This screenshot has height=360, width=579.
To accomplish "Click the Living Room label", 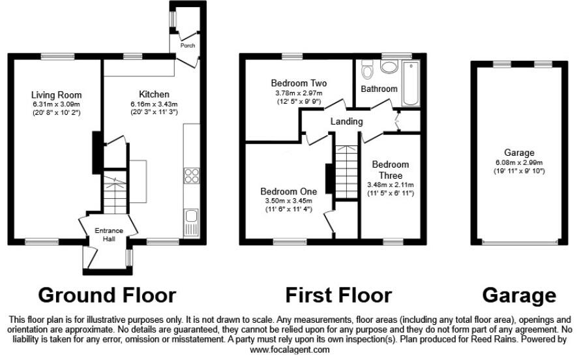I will pos(57,95).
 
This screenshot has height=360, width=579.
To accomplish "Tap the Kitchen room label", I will pos(154,95).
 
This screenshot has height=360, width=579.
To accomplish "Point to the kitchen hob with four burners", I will pos(192,175).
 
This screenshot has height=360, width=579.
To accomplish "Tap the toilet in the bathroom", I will pos(366,68).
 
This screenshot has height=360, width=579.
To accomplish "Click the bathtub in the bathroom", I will pos(411,83).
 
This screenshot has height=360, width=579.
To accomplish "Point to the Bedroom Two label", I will pos(299,83).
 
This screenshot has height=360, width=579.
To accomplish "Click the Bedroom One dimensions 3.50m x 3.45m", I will pos(288,201).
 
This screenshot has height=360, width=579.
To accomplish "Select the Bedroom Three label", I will pos(391,170).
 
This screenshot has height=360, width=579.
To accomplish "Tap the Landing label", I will pos(346,121).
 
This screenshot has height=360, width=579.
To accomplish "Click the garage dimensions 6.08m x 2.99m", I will pos(519,163).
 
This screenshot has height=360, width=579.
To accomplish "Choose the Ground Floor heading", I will pos(107,295).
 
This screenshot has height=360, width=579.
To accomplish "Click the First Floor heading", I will pos(338,295).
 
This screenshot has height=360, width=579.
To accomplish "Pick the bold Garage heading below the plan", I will pos(519,295).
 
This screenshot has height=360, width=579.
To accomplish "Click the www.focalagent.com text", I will pos(289,350).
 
